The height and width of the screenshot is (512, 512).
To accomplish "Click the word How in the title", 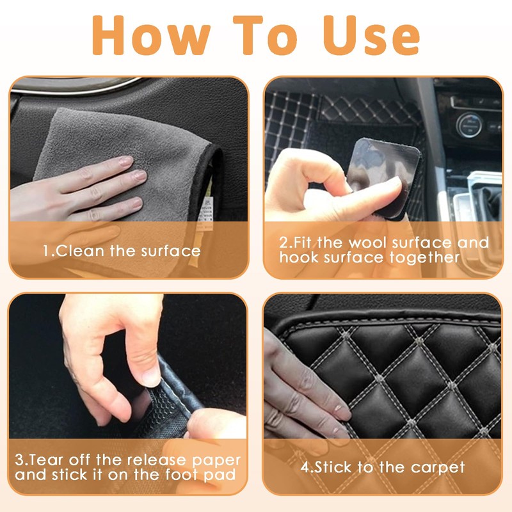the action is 151,35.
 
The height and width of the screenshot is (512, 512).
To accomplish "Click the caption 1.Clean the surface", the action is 122,251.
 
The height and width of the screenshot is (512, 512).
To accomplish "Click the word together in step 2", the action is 425,258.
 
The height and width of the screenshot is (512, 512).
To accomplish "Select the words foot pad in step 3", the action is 200,475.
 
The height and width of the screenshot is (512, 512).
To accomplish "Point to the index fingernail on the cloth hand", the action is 125,161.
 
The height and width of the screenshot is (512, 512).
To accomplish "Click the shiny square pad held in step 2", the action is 385,177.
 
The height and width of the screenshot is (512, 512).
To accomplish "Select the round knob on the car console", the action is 469,125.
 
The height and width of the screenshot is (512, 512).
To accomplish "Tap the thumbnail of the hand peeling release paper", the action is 152,378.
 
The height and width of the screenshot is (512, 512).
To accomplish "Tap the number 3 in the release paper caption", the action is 19,460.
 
